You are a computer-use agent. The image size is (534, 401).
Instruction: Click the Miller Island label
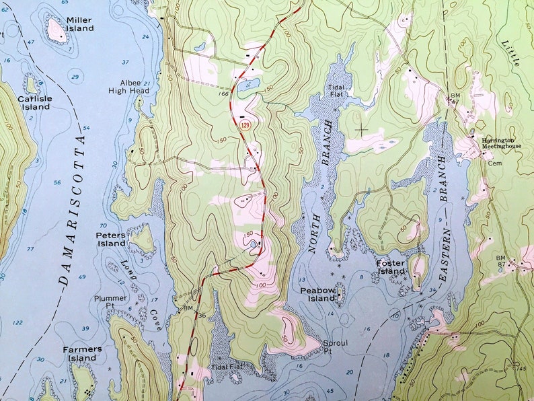pos(79,24)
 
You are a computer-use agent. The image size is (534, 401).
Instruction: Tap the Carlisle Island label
pos(34,102)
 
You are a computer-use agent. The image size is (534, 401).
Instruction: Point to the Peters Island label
pos(111,239)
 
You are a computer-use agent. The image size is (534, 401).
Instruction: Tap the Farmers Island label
pos(82,353)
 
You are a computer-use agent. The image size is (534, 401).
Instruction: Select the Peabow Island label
pos(317,294)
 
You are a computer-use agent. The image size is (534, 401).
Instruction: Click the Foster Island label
pos(390,266)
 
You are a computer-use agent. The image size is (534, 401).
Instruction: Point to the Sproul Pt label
pos(336,347)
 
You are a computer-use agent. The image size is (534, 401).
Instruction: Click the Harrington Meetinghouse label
pos(501,143)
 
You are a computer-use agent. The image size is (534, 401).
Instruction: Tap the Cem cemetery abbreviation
pos(494,163)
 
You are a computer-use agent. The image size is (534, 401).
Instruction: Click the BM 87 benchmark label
pos(519,261)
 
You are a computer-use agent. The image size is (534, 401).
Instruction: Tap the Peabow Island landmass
pos(340,291)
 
